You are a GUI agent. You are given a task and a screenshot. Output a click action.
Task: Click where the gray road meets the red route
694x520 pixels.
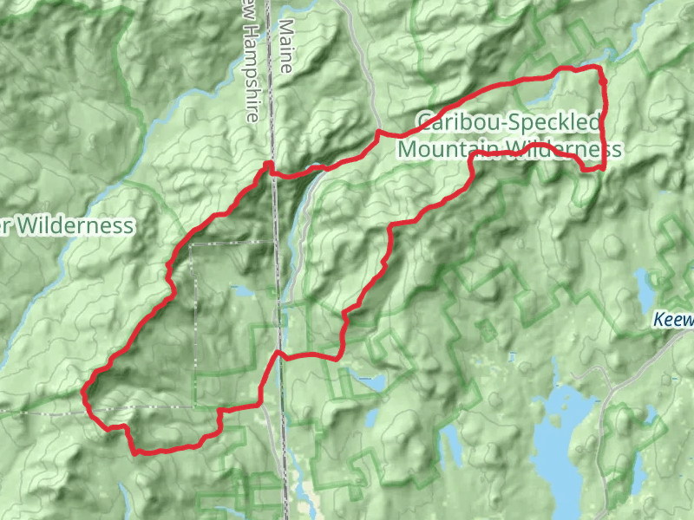[379, 133]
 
